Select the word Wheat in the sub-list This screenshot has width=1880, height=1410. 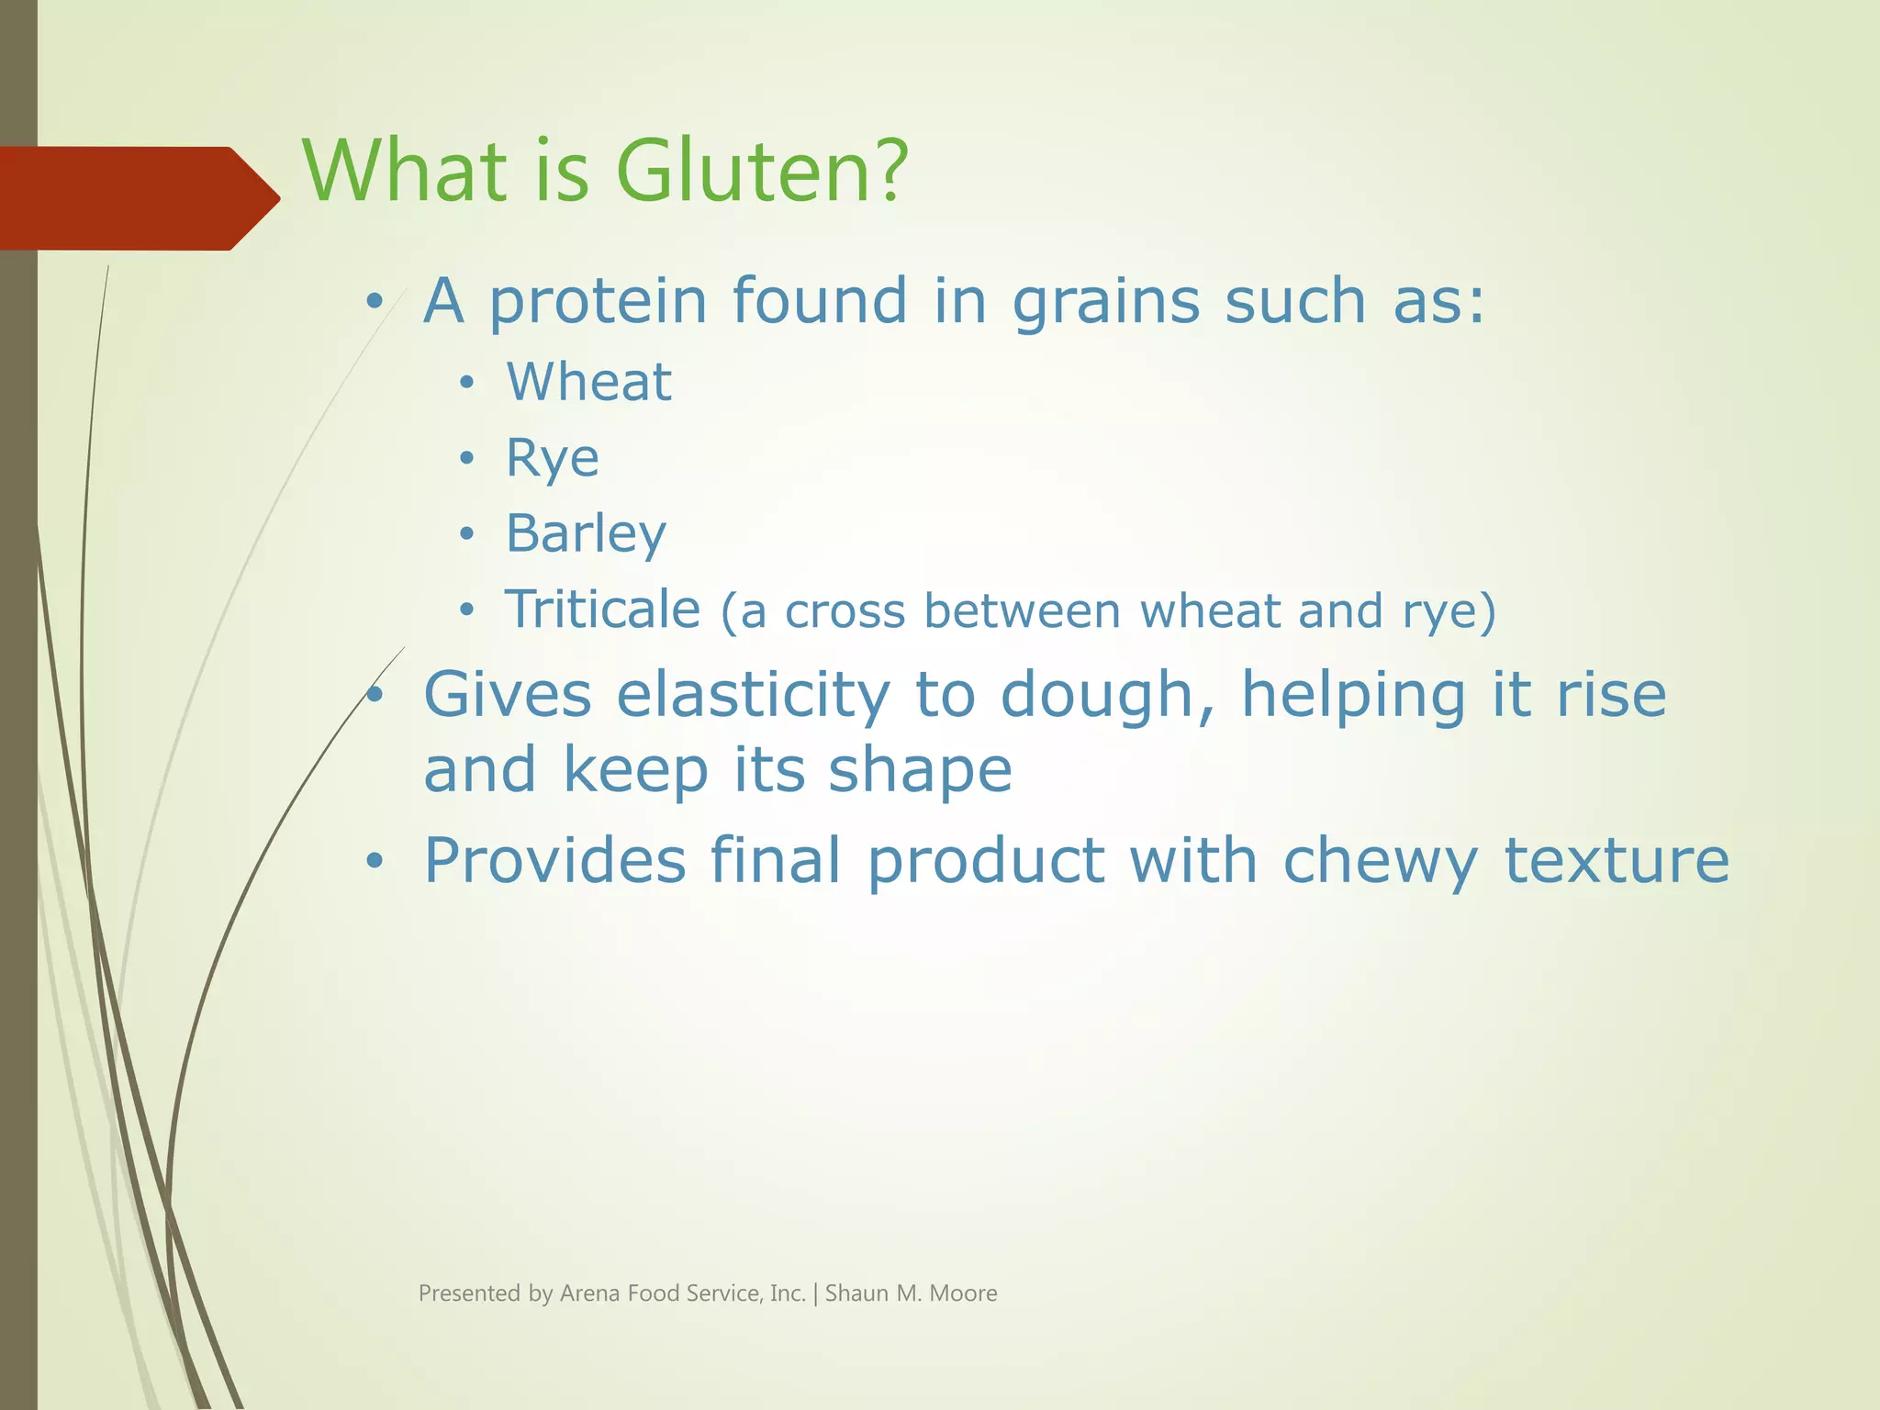(588, 382)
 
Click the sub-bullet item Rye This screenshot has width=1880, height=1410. (552, 458)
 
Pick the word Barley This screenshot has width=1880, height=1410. (586, 534)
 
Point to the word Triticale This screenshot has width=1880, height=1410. (602, 610)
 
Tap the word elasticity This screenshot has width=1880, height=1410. (753, 696)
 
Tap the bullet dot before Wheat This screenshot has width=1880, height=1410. (467, 383)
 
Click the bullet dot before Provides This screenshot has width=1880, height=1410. (374, 861)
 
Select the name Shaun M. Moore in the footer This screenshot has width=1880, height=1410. (911, 1293)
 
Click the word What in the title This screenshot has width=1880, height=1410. (404, 172)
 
